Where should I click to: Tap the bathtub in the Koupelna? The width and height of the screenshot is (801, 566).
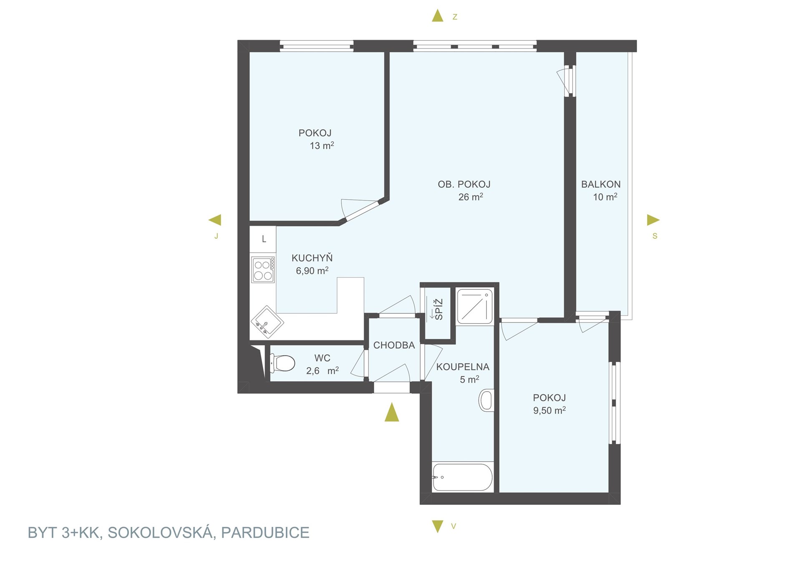pyautogui.click(x=463, y=477)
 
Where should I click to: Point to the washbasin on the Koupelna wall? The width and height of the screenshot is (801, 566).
pyautogui.click(x=486, y=400)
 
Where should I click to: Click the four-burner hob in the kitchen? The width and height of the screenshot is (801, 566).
pyautogui.click(x=263, y=270)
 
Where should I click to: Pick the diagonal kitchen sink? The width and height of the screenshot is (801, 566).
pyautogui.click(x=267, y=322)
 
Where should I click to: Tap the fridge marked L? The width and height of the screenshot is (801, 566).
pyautogui.click(x=263, y=239)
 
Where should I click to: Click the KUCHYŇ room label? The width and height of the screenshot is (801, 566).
pyautogui.click(x=312, y=258)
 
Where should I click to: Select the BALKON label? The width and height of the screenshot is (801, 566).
pyautogui.click(x=601, y=184)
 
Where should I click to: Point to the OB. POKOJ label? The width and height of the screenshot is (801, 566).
pyautogui.click(x=464, y=184)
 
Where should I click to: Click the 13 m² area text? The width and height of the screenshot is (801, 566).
pyautogui.click(x=322, y=145)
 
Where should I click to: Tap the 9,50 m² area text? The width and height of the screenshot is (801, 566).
pyautogui.click(x=549, y=410)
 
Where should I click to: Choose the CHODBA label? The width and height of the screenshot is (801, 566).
pyautogui.click(x=394, y=345)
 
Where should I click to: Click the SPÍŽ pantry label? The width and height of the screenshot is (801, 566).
pyautogui.click(x=438, y=309)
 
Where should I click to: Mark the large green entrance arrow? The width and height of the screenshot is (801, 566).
pyautogui.click(x=391, y=412)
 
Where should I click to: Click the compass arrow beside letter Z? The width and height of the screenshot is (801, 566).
pyautogui.click(x=437, y=16)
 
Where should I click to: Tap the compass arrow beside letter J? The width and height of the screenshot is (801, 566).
pyautogui.click(x=215, y=220)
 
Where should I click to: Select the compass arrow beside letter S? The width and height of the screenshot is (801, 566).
pyautogui.click(x=653, y=220)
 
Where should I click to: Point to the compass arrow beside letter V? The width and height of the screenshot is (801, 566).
pyautogui.click(x=437, y=526)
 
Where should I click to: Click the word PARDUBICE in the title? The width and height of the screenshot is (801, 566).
pyautogui.click(x=265, y=533)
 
